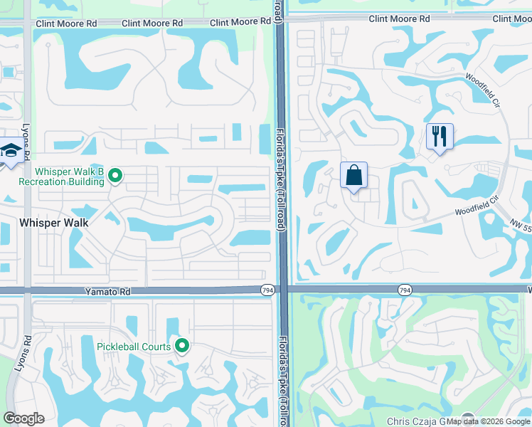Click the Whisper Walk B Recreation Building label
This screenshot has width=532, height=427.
tap(61, 176)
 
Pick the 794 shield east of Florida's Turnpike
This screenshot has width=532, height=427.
tap(405, 290)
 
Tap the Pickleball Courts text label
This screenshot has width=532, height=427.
tap(134, 347)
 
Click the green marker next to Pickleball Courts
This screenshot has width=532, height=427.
tap(182, 346)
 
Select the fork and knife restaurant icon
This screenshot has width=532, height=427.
tap(439, 135)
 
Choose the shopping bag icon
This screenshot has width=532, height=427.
tap(353, 175)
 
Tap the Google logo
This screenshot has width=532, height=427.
tap(23, 418)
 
